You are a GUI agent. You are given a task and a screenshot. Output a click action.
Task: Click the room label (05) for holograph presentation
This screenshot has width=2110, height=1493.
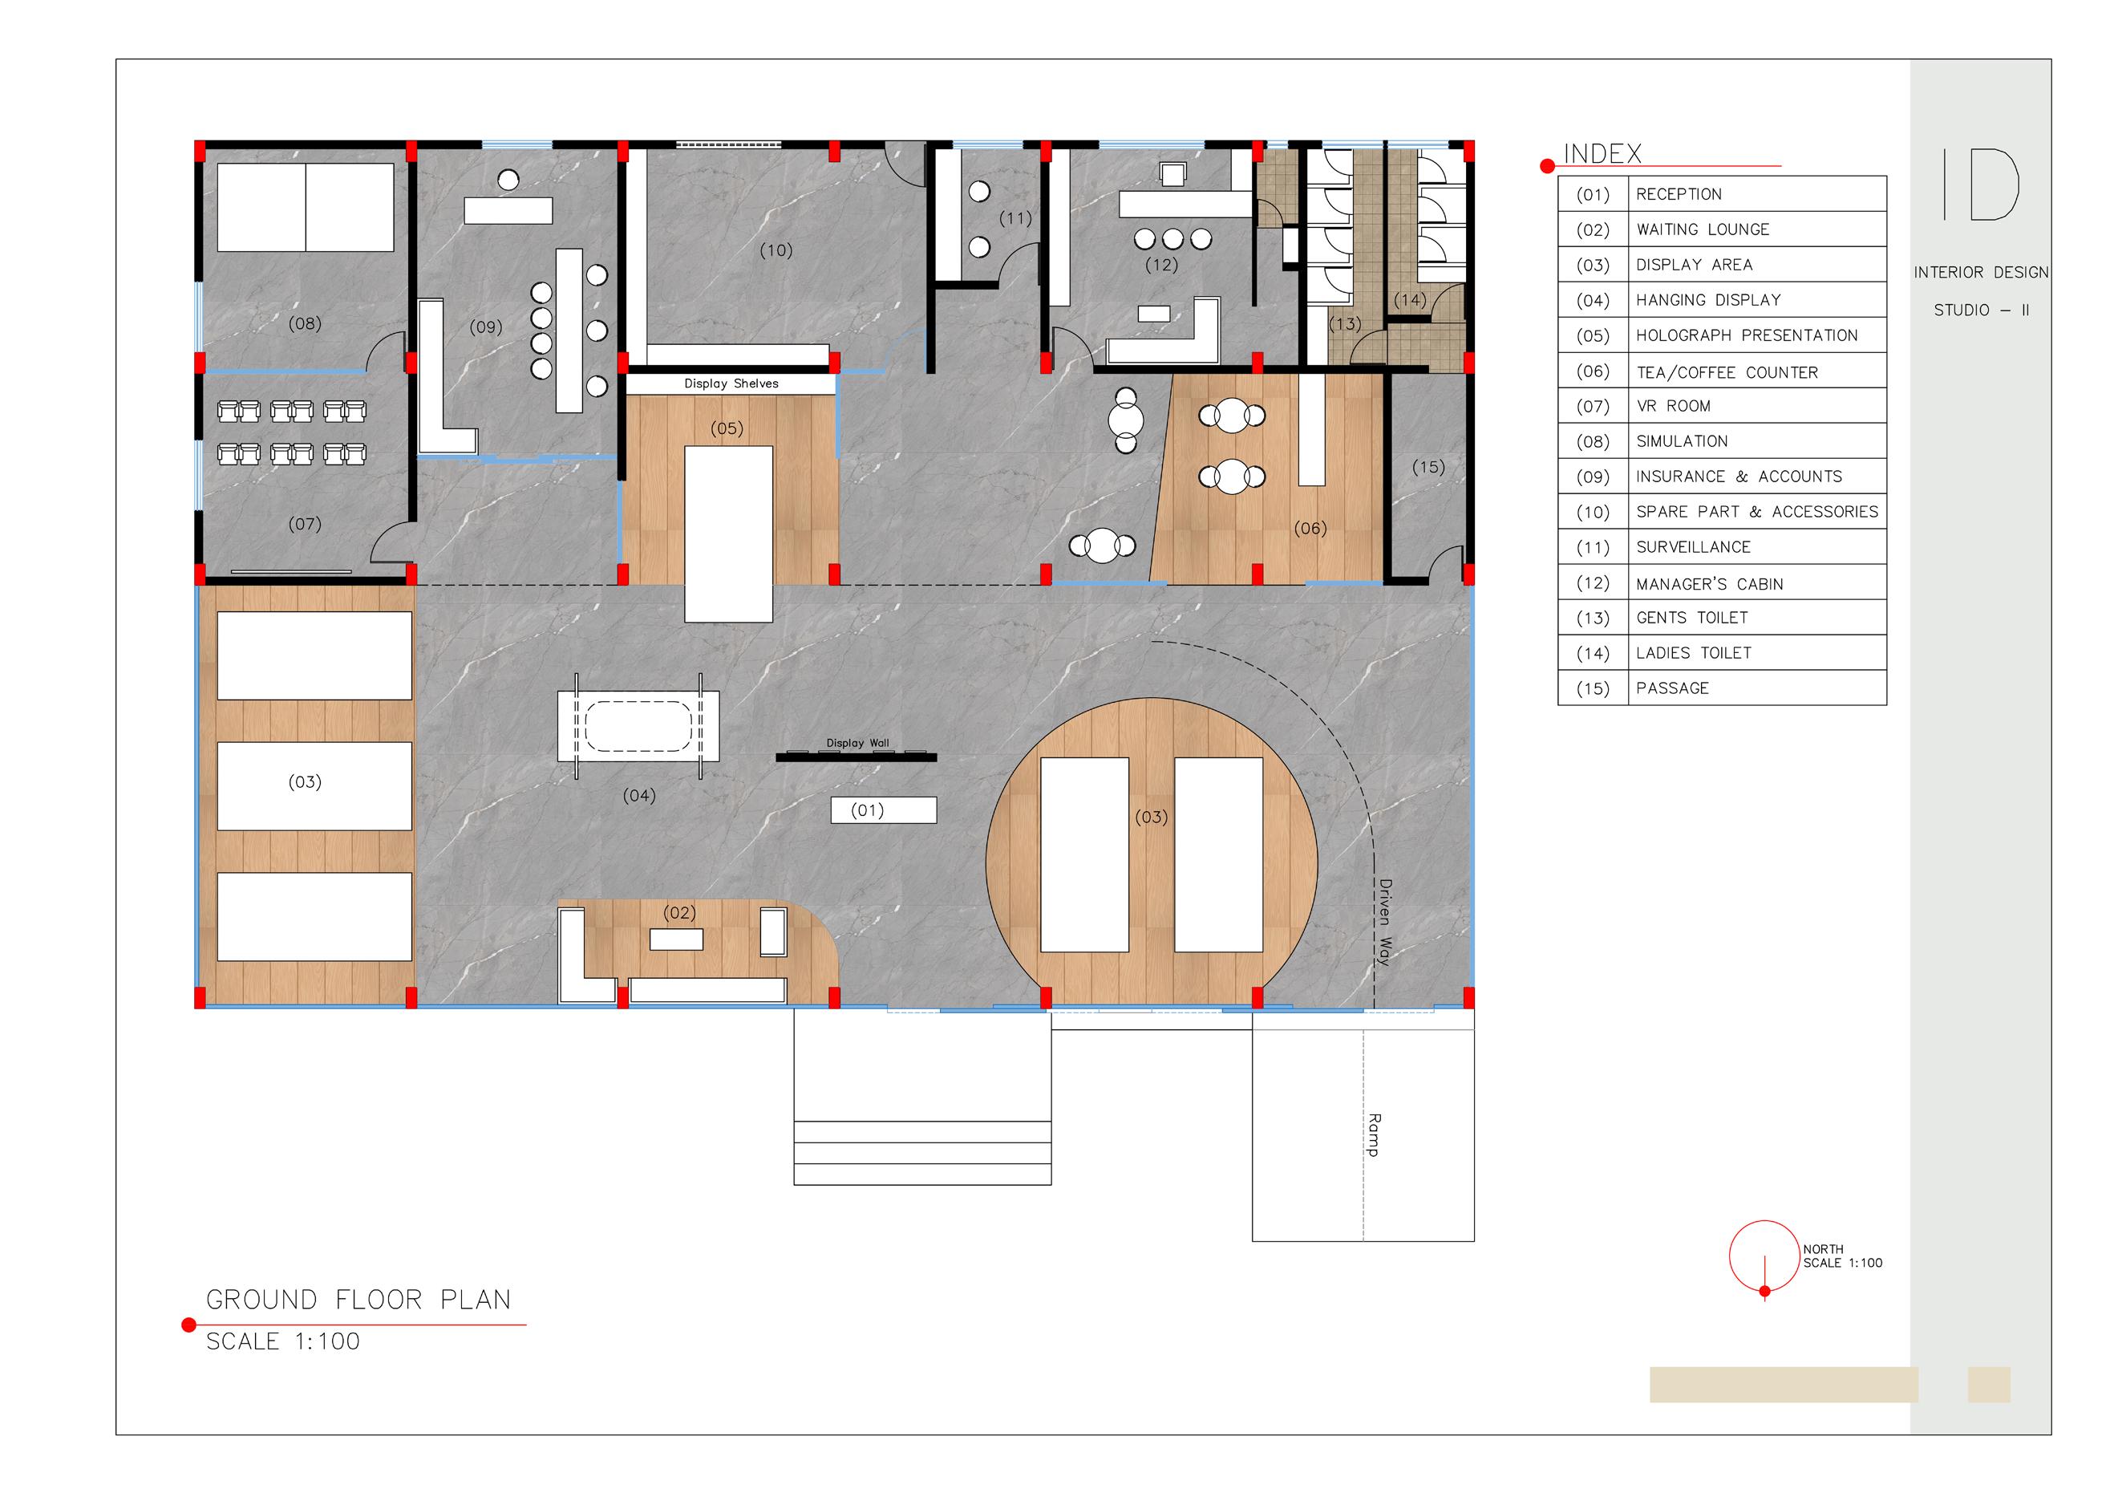point(727,428)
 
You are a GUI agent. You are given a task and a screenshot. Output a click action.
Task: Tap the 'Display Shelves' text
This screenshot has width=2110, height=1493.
point(731,383)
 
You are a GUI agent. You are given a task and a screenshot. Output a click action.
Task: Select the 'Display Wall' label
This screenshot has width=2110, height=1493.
point(857,743)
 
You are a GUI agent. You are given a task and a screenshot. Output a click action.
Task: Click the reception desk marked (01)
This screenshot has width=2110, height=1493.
point(883,810)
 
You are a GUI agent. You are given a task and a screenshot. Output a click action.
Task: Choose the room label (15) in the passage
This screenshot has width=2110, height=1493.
point(1428,467)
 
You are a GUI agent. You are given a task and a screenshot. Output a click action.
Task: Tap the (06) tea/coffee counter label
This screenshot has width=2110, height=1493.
point(1310,529)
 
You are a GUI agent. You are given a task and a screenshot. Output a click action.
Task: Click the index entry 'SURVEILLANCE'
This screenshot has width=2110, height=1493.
point(1693,547)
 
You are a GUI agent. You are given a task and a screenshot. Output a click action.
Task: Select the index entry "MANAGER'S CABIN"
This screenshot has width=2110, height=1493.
point(1709,584)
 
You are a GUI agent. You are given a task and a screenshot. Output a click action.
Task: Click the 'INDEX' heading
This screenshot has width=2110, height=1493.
point(1602,153)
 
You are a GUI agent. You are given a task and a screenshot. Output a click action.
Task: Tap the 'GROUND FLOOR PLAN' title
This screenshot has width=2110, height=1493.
point(358,1299)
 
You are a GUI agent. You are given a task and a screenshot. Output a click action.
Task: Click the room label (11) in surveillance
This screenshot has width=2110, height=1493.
point(1015,219)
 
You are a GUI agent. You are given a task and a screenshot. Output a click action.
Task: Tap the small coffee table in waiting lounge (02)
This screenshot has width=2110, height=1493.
point(676,939)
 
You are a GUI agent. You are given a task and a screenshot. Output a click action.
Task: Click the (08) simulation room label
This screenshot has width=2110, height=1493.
point(304,323)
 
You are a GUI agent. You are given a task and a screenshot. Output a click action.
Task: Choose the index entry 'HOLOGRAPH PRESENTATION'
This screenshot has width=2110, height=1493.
point(1747,335)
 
